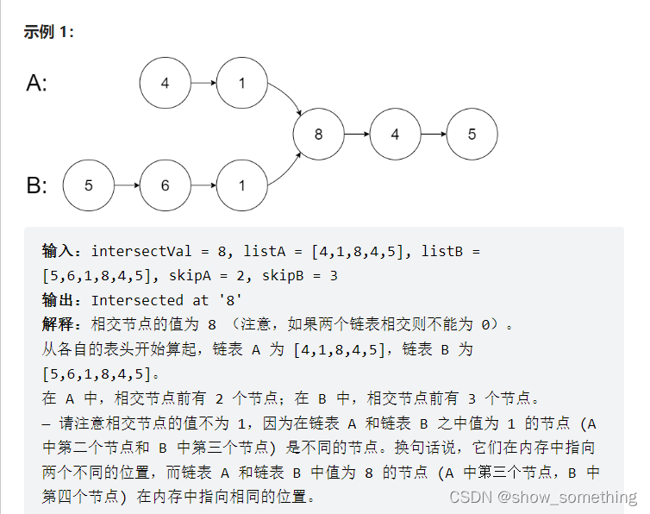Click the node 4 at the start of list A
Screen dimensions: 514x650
pyautogui.click(x=166, y=84)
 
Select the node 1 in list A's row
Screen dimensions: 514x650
pyautogui.click(x=242, y=84)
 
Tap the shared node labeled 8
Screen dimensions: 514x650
pyautogui.click(x=318, y=135)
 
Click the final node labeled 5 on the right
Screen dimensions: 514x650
pyautogui.click(x=472, y=135)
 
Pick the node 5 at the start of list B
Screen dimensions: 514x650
pyautogui.click(x=89, y=185)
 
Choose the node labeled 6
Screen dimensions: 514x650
pyautogui.click(x=166, y=185)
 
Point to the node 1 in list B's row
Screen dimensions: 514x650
pyautogui.click(x=242, y=185)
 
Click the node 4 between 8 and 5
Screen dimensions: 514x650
pyautogui.click(x=395, y=135)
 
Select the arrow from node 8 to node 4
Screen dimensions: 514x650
pyautogui.click(x=356, y=135)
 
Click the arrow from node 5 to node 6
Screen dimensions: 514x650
pyautogui.click(x=127, y=185)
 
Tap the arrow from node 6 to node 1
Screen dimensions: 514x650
pyautogui.click(x=203, y=185)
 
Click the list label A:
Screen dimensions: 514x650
pyautogui.click(x=37, y=84)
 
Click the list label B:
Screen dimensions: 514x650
pyautogui.click(x=37, y=185)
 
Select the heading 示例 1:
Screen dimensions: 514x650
pyautogui.click(x=49, y=32)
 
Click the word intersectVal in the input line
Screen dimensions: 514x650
pyautogui.click(x=142, y=252)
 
